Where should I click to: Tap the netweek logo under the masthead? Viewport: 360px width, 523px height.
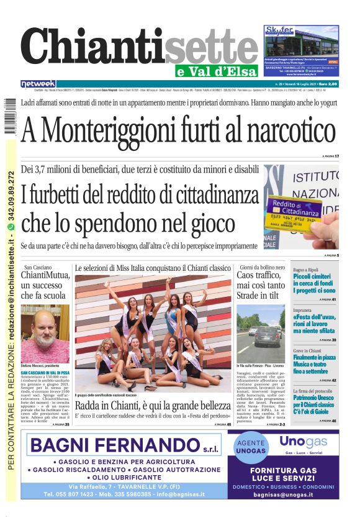pyautogui.click(x=38, y=83)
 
